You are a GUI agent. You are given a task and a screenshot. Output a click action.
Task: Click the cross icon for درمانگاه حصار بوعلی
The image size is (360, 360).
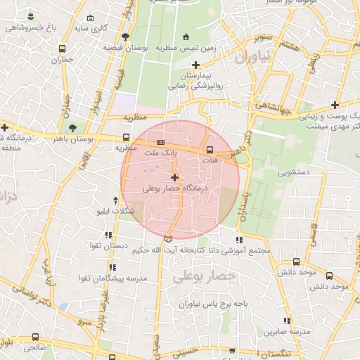point(174,178)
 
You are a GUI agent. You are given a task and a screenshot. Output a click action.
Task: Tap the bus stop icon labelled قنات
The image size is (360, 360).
point(210,149)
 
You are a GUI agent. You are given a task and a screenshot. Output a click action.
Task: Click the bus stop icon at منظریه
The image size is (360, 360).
point(126,138)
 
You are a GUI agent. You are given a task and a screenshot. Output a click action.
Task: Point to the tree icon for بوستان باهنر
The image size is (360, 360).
point(72,127)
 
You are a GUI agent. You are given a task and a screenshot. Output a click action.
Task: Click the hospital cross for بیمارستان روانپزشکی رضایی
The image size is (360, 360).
point(195,65)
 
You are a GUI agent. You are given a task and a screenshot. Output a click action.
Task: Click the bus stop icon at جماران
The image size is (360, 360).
point(63,49)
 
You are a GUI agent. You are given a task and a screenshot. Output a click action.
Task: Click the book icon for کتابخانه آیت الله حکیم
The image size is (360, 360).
point(167,239)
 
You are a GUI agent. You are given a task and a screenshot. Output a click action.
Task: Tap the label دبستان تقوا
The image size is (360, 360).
point(108,247)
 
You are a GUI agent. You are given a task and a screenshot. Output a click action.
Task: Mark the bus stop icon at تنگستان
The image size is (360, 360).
point(262,353)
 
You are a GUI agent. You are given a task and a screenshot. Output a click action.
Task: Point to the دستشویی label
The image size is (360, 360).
point(294,172)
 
